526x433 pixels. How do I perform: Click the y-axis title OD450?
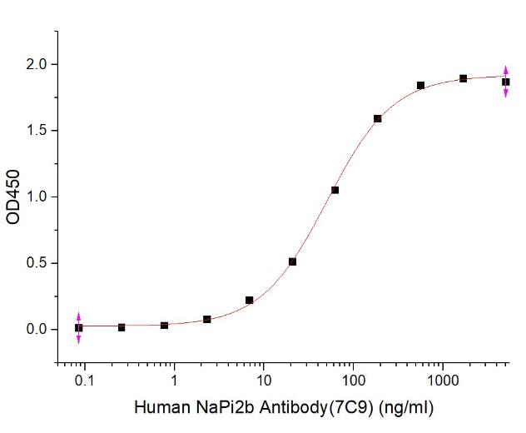click(13, 197)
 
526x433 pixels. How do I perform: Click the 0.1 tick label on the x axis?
click(83, 381)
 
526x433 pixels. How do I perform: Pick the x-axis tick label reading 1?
click(174, 381)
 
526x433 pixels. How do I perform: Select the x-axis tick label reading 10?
click(263, 381)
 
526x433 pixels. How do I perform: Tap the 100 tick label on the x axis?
click(353, 381)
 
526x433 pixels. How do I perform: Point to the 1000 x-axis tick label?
click(443, 381)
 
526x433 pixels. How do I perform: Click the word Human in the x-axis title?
click(157, 408)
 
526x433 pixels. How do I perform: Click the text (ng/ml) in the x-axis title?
click(405, 408)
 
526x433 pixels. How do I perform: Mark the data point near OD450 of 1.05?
click(335, 190)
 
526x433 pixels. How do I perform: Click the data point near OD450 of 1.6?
click(378, 118)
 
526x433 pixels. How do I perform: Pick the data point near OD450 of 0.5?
click(292, 261)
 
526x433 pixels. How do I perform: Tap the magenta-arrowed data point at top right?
click(506, 82)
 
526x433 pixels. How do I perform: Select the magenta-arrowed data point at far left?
click(78, 328)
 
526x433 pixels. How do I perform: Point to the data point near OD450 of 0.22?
click(250, 300)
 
